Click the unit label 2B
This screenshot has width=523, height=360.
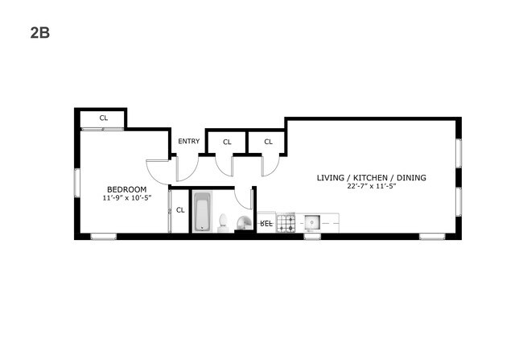tap(40, 33)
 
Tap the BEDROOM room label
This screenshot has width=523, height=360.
tap(127, 190)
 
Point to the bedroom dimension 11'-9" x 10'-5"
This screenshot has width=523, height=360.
tap(127, 197)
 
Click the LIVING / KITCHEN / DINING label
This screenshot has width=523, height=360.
tap(372, 178)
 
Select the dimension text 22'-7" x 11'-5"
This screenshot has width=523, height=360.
tap(372, 186)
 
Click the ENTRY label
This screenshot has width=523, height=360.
tap(189, 141)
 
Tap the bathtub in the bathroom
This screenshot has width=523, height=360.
tap(202, 211)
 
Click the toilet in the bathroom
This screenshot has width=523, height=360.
tap(223, 223)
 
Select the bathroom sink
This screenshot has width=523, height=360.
tap(245, 223)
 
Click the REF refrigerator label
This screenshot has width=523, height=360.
tap(266, 223)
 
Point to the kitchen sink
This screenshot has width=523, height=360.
tap(312, 222)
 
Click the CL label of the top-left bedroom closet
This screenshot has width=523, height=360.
tap(104, 118)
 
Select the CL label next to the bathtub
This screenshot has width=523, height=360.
tap(180, 210)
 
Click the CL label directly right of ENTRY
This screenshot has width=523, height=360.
tap(227, 143)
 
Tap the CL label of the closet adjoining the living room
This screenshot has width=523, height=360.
tap(269, 142)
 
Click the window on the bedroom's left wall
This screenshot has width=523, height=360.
tap(77, 183)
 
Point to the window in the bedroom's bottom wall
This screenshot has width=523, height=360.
tap(104, 237)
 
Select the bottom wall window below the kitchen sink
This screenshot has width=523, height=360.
tap(312, 237)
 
